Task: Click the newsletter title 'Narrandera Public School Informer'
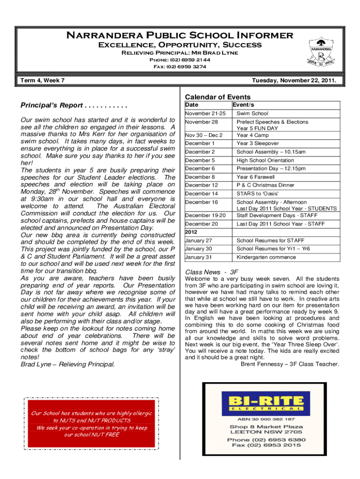tap(180, 36)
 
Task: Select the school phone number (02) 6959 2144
tap(180, 60)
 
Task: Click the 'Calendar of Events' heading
tap(218, 97)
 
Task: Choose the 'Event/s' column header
tap(246, 105)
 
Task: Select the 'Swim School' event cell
tap(252, 114)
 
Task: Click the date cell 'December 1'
tap(200, 144)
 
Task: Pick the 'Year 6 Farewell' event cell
tap(255, 177)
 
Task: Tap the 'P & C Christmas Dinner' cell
tap(265, 185)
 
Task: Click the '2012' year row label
tap(192, 232)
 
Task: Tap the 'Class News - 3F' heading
tap(212, 272)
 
